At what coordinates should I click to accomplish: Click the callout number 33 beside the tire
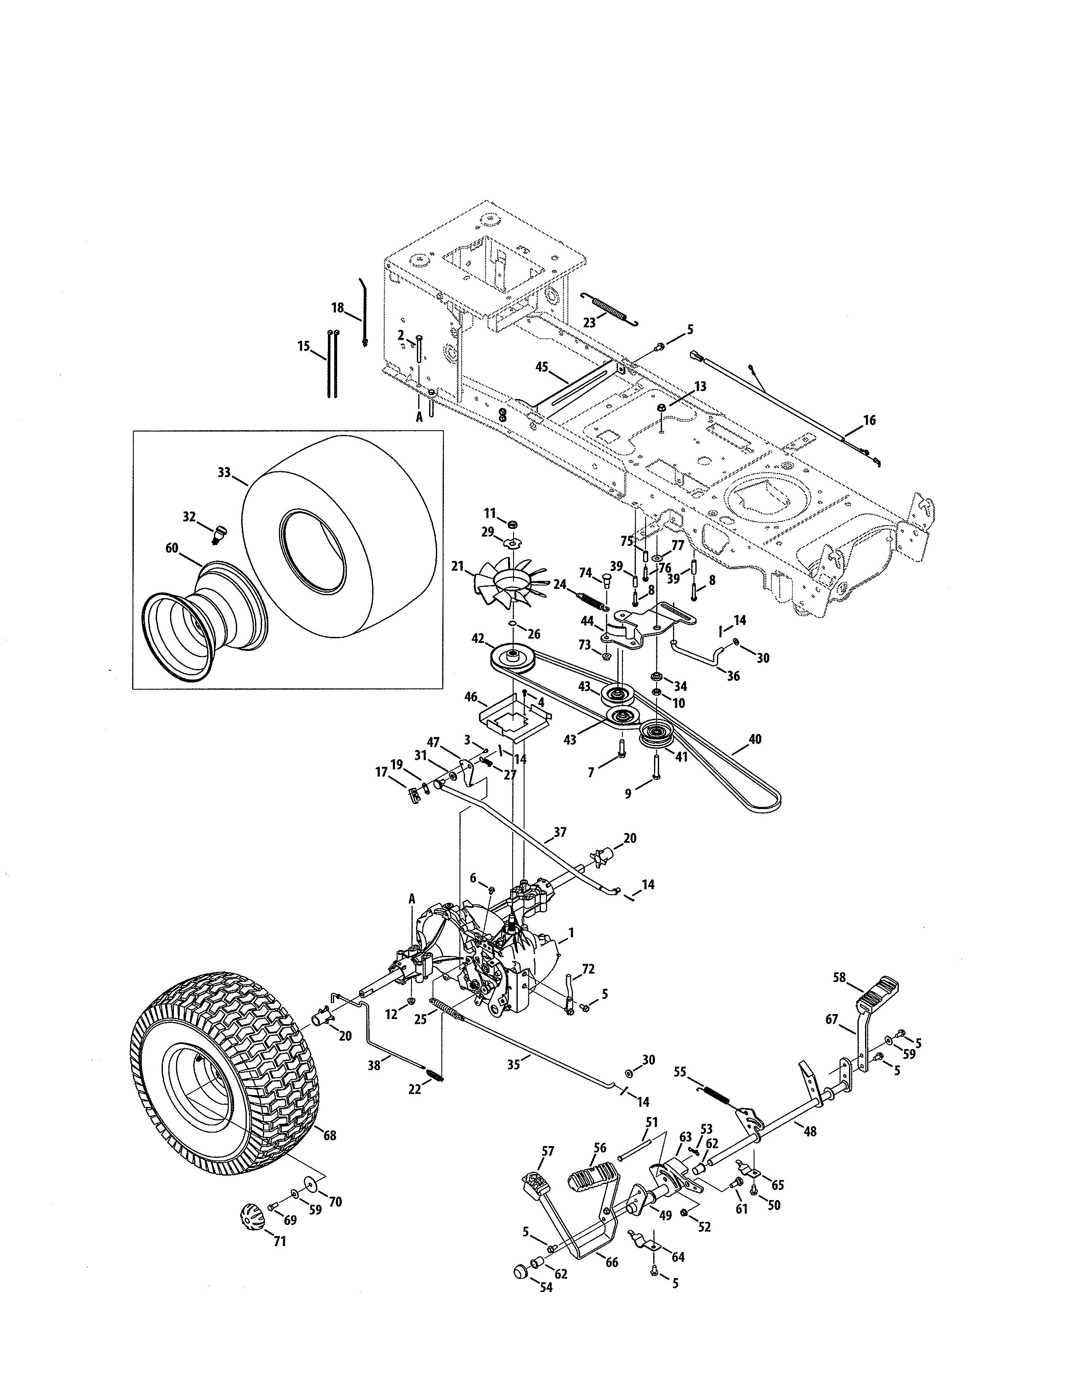(x=224, y=472)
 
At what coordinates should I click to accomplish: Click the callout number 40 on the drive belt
(x=755, y=739)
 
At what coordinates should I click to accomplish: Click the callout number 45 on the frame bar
(x=542, y=367)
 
